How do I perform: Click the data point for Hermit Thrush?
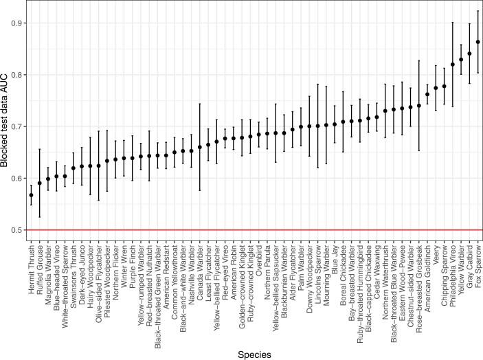click(x=31, y=195)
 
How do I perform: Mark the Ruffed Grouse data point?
click(x=39, y=183)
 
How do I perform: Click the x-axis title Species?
click(x=254, y=353)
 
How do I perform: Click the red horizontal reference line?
click(x=254, y=230)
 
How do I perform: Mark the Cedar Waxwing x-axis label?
click(x=377, y=260)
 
